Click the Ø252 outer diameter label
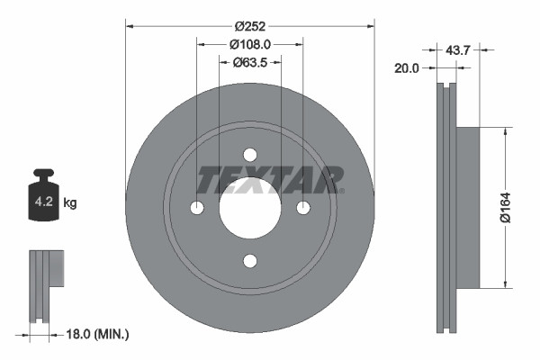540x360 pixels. [249, 26]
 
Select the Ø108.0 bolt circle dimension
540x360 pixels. [249, 44]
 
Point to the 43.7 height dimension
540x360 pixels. [458, 51]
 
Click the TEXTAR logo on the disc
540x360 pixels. [269, 179]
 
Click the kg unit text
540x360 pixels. [70, 203]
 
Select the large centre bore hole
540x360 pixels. [249, 208]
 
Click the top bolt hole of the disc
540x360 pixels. [249, 155]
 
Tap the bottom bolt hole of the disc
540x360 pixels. [249, 261]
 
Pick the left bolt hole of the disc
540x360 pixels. [197, 208]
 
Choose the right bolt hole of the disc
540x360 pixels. [303, 208]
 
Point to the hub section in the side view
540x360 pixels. [468, 208]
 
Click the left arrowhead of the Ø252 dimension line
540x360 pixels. [130, 26]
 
